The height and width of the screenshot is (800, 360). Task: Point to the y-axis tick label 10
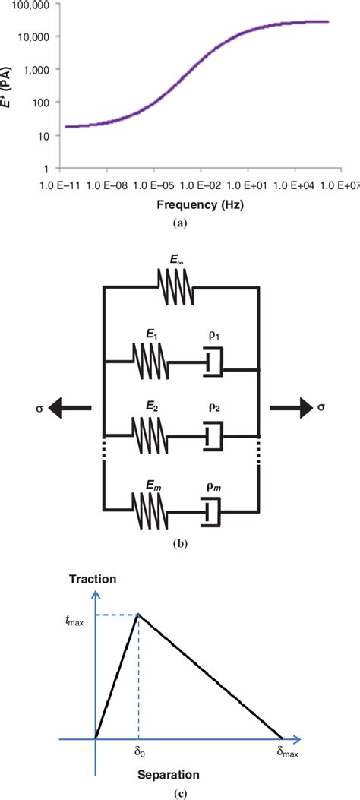pyautogui.click(x=44, y=136)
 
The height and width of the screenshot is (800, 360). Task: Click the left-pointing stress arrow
pyautogui.click(x=70, y=408)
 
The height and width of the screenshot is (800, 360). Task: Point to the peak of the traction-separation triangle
pyautogui.click(x=138, y=615)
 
